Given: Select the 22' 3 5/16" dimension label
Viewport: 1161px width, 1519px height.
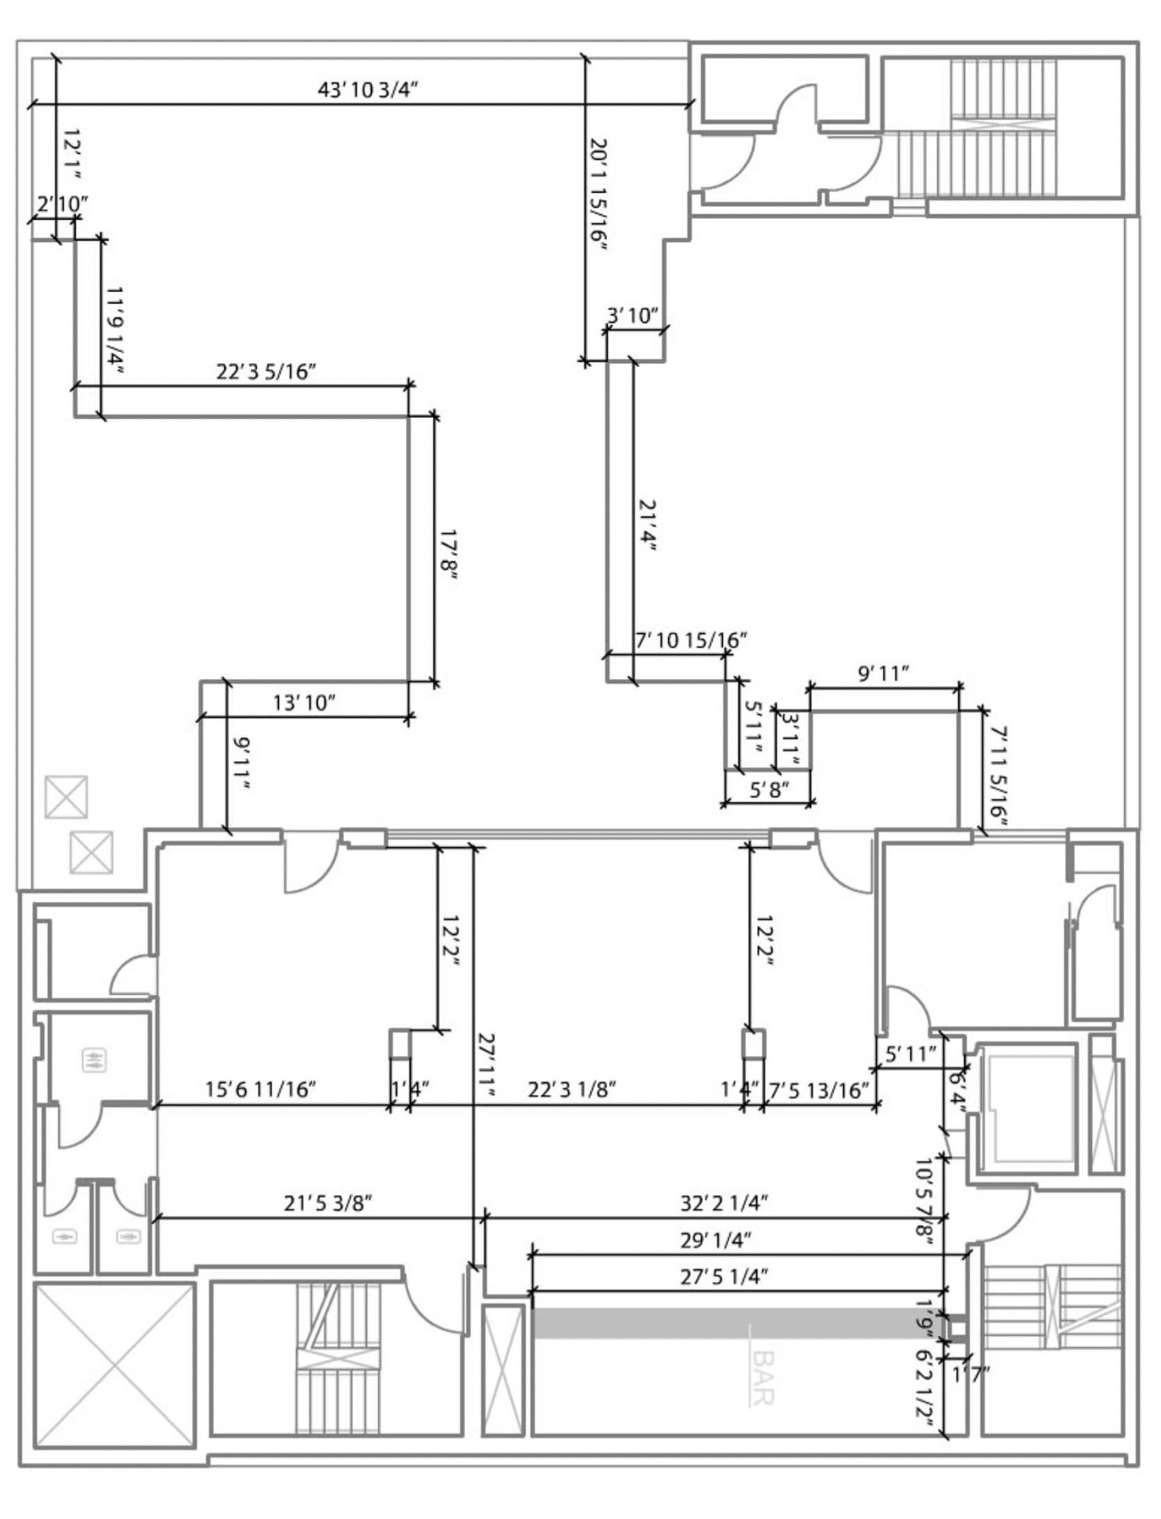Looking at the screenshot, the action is click(x=266, y=372).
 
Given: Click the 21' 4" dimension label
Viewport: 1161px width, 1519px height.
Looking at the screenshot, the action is click(x=647, y=526).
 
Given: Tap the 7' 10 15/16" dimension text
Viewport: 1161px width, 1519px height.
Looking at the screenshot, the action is click(x=691, y=640).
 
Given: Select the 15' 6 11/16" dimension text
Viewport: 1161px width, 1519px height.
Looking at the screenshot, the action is click(x=261, y=1089).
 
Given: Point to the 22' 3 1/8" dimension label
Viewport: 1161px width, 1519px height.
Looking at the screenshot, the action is click(x=572, y=1089).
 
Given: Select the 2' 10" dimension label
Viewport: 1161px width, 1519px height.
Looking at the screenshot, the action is click(x=63, y=204).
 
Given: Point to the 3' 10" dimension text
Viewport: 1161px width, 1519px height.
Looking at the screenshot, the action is click(x=632, y=316).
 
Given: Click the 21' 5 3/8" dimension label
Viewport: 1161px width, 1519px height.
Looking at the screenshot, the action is click(x=327, y=1203).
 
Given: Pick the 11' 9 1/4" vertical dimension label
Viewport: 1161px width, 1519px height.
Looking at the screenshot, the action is click(x=115, y=330).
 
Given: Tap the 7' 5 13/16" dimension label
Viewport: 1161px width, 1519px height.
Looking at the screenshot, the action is click(x=819, y=1089).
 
